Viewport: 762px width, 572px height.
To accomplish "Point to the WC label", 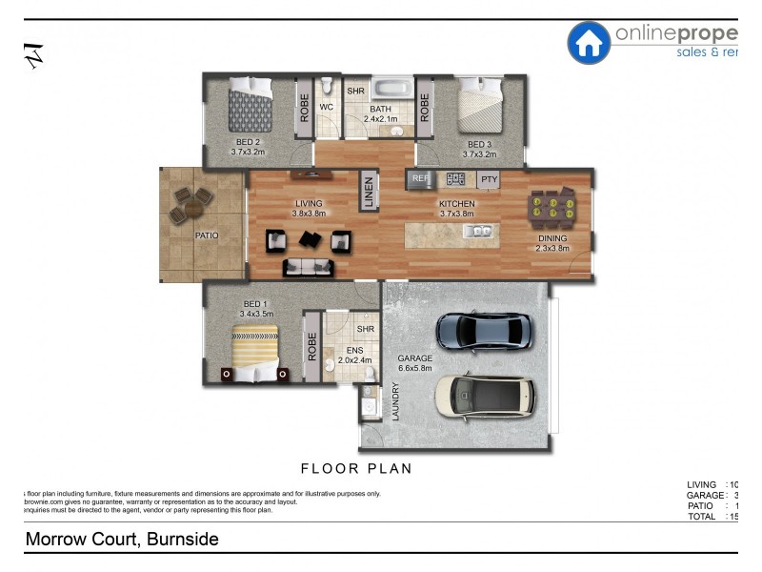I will [x=325, y=108].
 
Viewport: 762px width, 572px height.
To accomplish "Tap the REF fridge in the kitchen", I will [x=420, y=178].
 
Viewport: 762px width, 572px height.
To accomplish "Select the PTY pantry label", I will [x=489, y=179].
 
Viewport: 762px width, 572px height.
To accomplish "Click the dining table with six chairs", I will [x=551, y=206].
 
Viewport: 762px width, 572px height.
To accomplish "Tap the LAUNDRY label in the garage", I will [x=394, y=402].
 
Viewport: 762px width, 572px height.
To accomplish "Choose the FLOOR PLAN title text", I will [x=356, y=468].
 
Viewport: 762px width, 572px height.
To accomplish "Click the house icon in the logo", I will [x=589, y=42].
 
